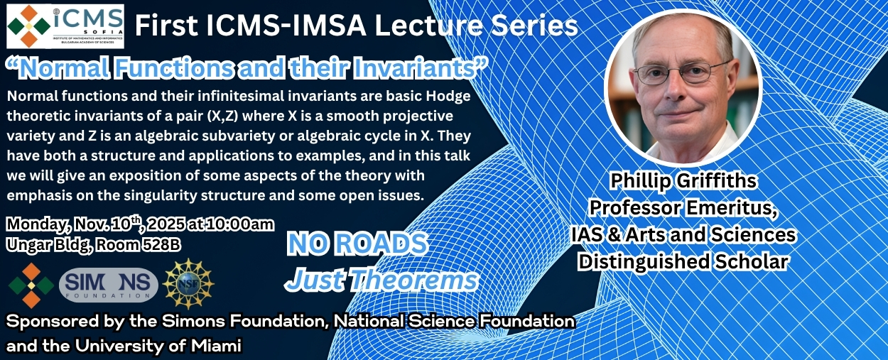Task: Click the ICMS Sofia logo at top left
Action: coord(65,26)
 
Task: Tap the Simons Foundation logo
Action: coord(108,285)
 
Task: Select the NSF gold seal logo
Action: coord(188,283)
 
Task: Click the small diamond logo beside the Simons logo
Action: coord(31,285)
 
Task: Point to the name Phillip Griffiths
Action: coord(683,181)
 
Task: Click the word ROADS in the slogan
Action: coord(381,244)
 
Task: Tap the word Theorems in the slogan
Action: coord(414,280)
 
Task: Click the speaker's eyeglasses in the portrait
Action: coord(681,72)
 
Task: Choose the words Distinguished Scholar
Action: coord(683,262)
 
